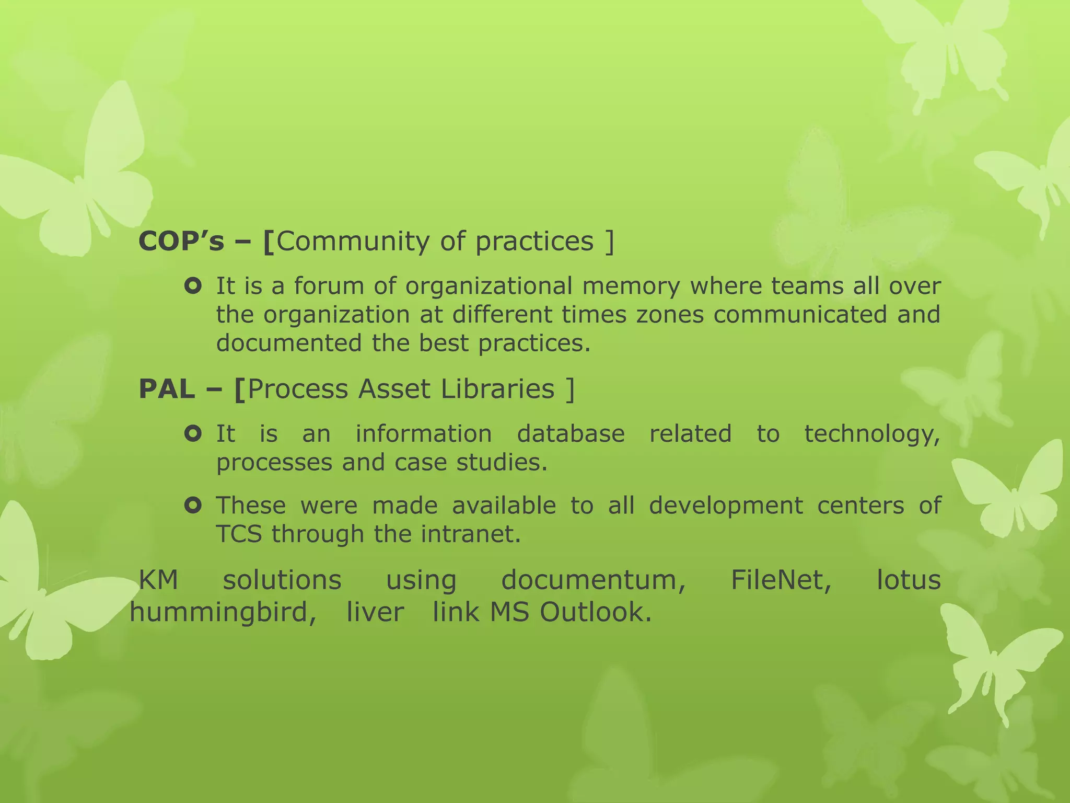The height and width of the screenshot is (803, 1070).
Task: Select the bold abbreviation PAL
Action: [x=166, y=389]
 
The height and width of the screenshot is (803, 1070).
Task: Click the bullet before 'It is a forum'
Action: [x=193, y=286]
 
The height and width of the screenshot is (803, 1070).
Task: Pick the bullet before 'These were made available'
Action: [x=193, y=506]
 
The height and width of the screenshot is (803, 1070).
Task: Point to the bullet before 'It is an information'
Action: [x=193, y=434]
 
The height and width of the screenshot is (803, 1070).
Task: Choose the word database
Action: [x=571, y=434]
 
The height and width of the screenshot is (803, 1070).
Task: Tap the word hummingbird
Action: [x=223, y=613]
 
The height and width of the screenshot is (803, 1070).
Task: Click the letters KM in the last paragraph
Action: [x=159, y=580]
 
